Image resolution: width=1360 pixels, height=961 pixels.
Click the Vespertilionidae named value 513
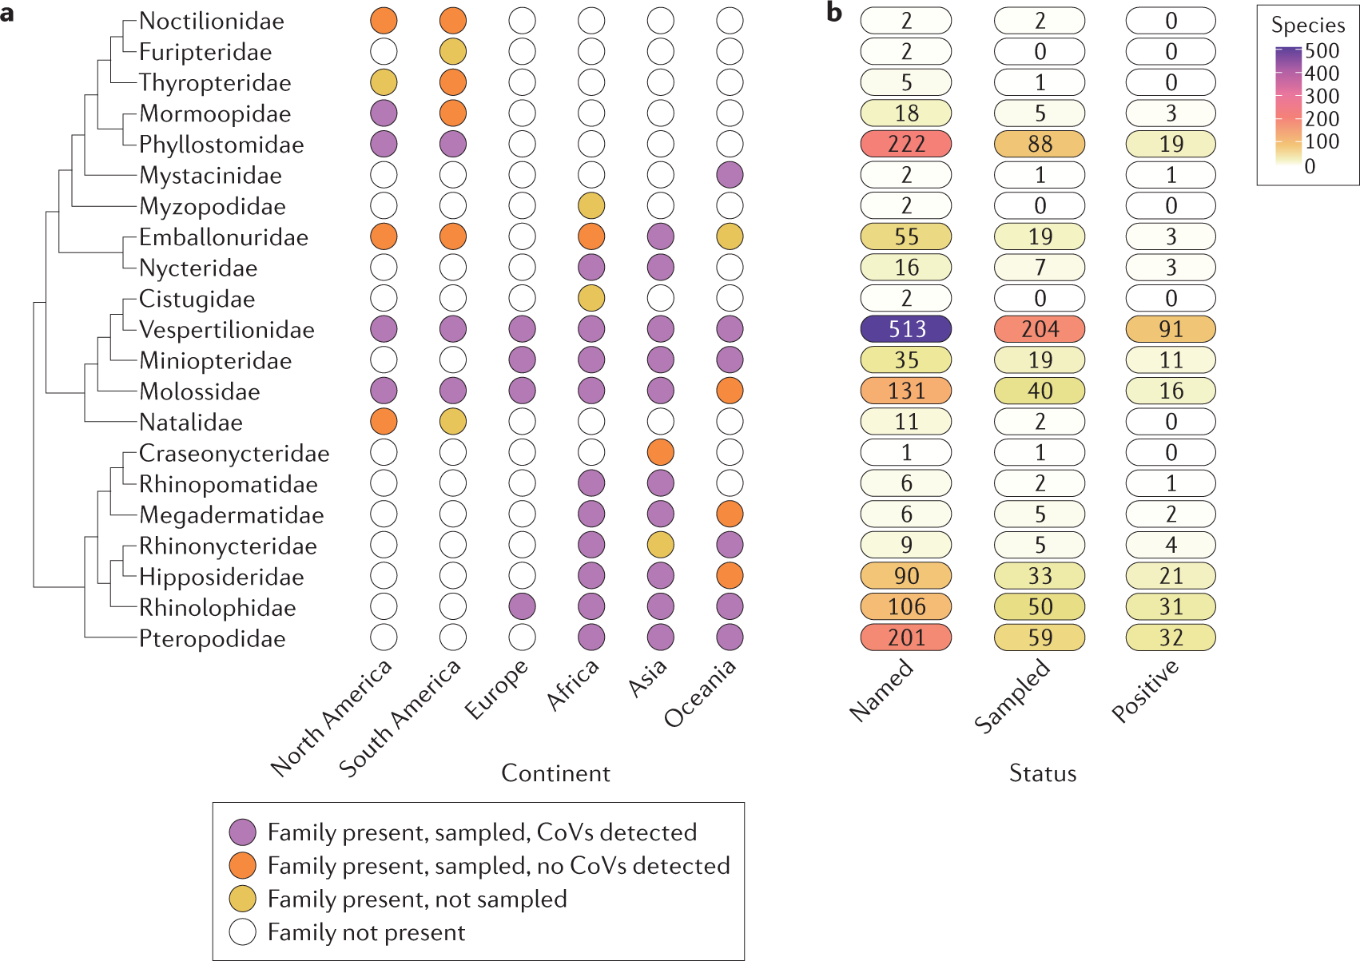(x=905, y=329)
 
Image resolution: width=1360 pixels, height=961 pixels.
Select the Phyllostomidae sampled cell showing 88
(x=1040, y=144)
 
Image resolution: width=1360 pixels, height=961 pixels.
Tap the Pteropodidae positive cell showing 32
(x=1171, y=637)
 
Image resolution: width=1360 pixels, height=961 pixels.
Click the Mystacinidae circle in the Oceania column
(x=730, y=175)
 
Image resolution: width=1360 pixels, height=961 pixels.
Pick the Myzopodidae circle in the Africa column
(x=591, y=206)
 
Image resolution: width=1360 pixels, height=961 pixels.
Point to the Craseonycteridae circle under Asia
(x=660, y=453)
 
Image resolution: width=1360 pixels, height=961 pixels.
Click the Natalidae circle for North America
(x=384, y=422)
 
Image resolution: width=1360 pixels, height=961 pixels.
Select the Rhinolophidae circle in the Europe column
(x=522, y=607)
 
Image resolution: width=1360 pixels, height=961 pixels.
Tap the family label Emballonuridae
(x=224, y=237)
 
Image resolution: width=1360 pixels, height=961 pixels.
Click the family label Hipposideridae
(x=221, y=577)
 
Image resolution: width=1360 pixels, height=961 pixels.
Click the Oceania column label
(x=700, y=693)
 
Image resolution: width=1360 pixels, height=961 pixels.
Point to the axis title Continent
(x=555, y=773)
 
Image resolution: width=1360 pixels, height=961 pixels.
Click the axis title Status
(x=1042, y=773)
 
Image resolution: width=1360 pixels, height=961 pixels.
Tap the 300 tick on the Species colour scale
(x=1322, y=97)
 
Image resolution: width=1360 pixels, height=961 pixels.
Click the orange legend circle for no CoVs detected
(x=242, y=865)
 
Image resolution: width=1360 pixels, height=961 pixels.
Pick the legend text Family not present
(x=366, y=932)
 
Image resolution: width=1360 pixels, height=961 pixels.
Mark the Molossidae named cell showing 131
(x=905, y=391)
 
